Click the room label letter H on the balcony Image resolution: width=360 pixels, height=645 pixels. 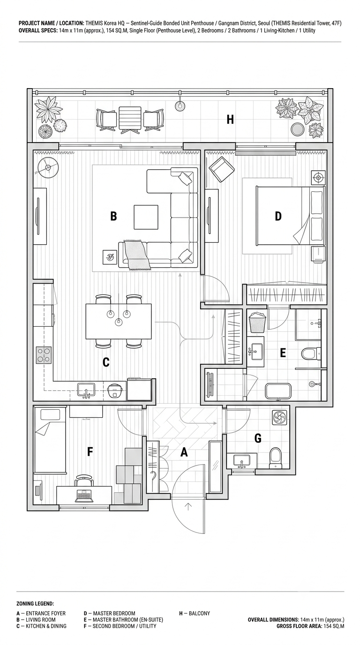pos(230,119)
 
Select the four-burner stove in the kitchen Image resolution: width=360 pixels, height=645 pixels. pos(44,355)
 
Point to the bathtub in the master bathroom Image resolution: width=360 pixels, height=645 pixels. pos(277,391)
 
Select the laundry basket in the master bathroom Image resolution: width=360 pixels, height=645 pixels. pos(257,322)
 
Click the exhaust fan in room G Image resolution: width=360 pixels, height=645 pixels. pos(279,417)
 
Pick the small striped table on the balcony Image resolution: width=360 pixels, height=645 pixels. pos(130,119)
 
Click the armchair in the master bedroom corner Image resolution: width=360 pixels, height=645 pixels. pos(222,169)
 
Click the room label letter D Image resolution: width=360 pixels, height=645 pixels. pos(278,216)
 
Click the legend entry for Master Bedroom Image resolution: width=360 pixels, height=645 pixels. pos(109,613)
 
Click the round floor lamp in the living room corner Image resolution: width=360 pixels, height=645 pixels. pos(47,167)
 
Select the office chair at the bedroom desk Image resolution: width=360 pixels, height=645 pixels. pos(84,481)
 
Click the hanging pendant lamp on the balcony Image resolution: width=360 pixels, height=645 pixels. pos(180,105)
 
